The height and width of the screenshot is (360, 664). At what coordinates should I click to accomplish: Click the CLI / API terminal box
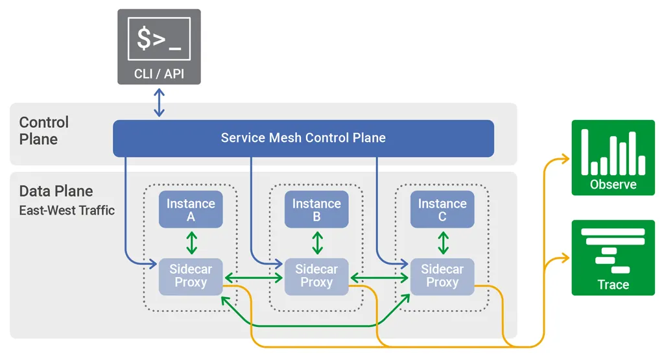pyautogui.click(x=159, y=47)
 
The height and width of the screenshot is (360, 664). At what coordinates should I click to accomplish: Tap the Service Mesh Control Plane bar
pyautogui.click(x=303, y=138)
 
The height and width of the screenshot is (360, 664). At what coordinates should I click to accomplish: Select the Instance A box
pyautogui.click(x=191, y=210)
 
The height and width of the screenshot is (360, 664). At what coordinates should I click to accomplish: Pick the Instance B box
pyautogui.click(x=316, y=210)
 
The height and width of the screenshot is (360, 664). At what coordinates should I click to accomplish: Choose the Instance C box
pyautogui.click(x=442, y=210)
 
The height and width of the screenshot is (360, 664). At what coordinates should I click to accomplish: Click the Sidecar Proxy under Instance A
pyautogui.click(x=191, y=276)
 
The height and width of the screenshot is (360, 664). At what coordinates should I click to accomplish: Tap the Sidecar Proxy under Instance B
pyautogui.click(x=316, y=276)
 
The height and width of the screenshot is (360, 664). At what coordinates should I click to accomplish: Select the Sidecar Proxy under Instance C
pyautogui.click(x=442, y=276)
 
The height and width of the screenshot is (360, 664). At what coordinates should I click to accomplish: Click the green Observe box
pyautogui.click(x=613, y=158)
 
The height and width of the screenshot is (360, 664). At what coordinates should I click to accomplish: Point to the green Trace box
pyautogui.click(x=613, y=258)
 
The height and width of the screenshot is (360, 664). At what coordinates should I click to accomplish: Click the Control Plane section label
pyautogui.click(x=43, y=130)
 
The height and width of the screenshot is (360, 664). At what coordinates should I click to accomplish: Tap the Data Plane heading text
pyautogui.click(x=56, y=191)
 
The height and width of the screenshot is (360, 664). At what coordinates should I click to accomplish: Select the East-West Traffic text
pyautogui.click(x=67, y=210)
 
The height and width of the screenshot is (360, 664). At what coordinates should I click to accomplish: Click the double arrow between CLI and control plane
pyautogui.click(x=159, y=102)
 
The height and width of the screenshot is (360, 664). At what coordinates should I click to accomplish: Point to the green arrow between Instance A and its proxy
pyautogui.click(x=191, y=243)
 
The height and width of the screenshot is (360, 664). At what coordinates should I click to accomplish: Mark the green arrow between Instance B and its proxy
pyautogui.click(x=316, y=243)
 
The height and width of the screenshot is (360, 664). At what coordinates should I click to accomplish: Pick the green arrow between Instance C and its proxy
pyautogui.click(x=443, y=243)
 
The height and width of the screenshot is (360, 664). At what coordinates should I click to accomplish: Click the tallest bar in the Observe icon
pyautogui.click(x=584, y=152)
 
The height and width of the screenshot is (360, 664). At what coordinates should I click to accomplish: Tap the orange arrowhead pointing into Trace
pyautogui.click(x=565, y=259)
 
